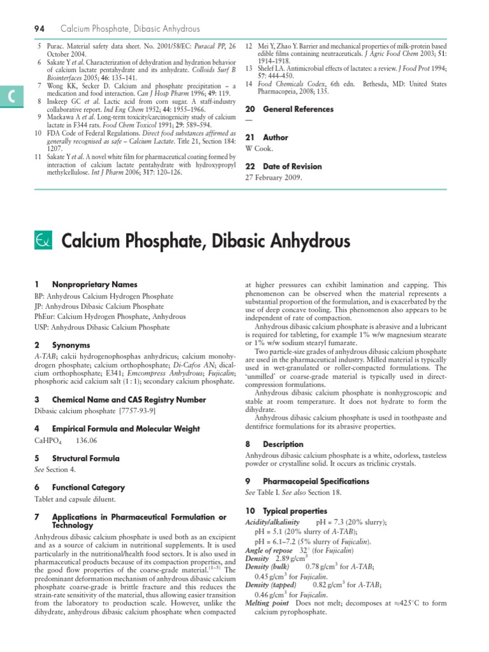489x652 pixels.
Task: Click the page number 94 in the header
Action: click(x=39, y=29)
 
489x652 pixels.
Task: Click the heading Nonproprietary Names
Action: click(x=94, y=284)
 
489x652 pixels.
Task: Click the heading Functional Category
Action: click(x=89, y=487)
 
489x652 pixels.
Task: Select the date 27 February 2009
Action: click(x=274, y=178)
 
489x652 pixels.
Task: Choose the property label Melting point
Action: click(x=267, y=603)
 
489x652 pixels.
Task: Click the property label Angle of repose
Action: click(x=269, y=549)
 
